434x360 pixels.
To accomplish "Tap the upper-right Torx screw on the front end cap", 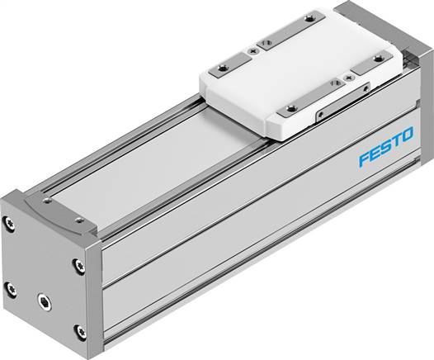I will pos(78,266).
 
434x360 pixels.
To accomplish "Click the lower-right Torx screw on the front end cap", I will pos(80,331).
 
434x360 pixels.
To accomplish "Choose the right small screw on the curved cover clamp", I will pos(78,220).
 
